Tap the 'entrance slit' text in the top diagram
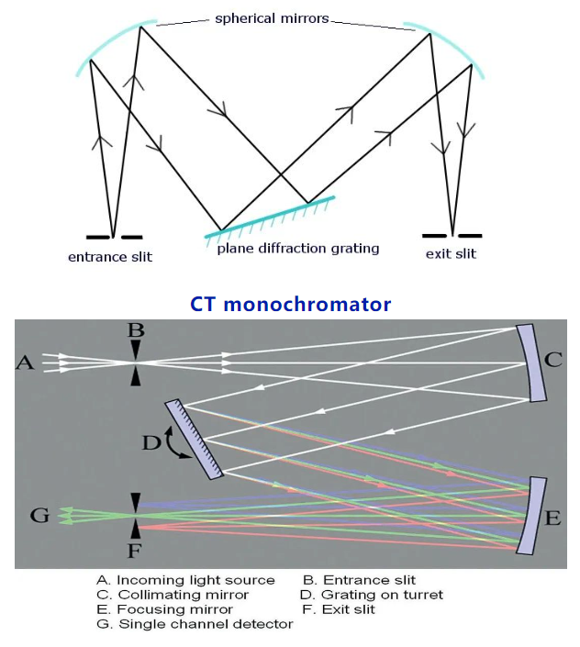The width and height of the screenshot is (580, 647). (110, 257)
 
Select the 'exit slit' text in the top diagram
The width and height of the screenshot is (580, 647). (451, 253)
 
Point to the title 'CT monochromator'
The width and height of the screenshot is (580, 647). (290, 304)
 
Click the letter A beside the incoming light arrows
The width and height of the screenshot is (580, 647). (25, 364)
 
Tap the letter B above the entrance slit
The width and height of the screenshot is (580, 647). (136, 330)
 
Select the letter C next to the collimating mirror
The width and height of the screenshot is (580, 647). (552, 360)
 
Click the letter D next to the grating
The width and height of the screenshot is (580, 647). (150, 443)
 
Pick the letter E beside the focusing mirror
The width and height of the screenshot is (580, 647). (552, 518)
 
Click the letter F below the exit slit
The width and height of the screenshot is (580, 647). (136, 552)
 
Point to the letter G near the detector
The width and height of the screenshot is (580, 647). (39, 516)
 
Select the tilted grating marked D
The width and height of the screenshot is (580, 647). (195, 439)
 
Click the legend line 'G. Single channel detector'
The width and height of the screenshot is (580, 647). (195, 624)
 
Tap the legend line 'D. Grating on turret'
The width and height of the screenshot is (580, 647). (373, 595)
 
